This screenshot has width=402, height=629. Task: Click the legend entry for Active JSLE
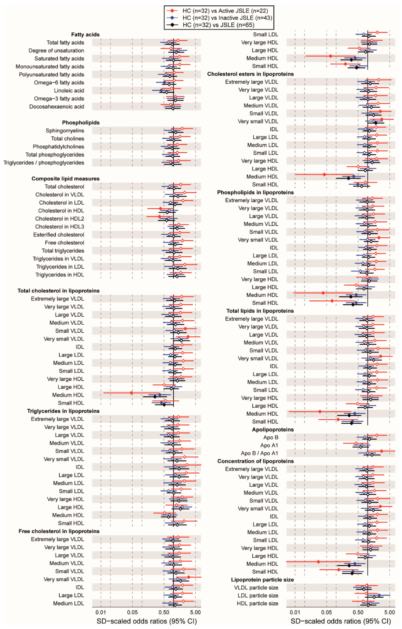(225, 11)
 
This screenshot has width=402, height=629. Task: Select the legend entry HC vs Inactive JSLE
(227, 18)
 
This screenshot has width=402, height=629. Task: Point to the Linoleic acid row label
(69, 91)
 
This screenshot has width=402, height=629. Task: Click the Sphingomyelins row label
(65, 131)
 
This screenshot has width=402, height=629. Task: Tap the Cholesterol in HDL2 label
(60, 219)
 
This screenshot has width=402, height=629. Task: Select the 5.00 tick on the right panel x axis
(389, 613)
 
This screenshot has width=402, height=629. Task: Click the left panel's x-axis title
(147, 621)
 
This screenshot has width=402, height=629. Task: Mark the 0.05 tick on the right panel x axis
(327, 613)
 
